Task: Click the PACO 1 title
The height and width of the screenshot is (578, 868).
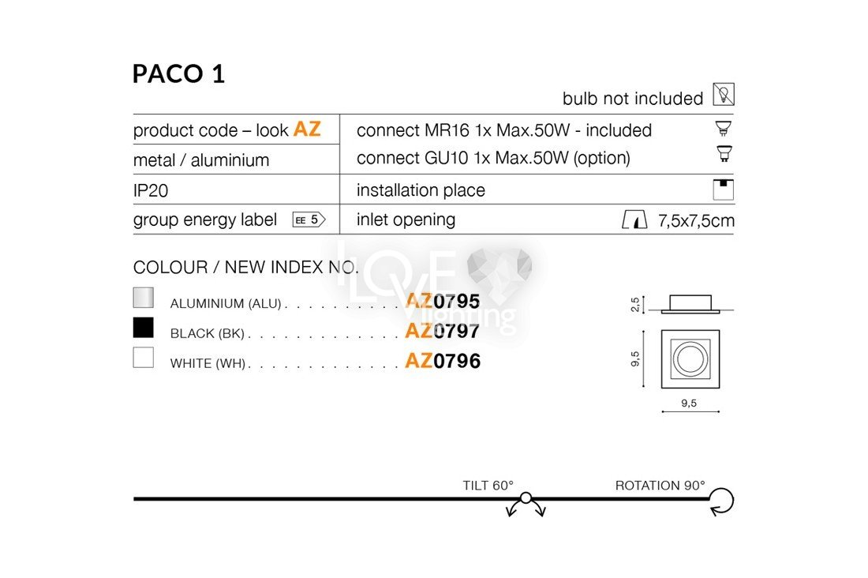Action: click(179, 73)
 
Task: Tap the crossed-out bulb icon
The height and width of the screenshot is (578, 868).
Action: click(724, 94)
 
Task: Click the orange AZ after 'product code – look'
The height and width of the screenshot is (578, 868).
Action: click(307, 129)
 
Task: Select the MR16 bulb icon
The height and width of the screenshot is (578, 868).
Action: click(724, 128)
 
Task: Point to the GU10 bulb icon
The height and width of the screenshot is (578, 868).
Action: click(724, 153)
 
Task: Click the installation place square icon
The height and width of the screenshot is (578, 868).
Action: click(724, 190)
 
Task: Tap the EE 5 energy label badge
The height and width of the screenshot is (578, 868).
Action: click(309, 220)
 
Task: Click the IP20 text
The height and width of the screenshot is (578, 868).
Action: click(151, 190)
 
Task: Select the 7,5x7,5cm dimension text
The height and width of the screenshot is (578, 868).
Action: click(696, 220)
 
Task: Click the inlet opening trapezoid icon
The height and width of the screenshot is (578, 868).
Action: click(634, 220)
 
